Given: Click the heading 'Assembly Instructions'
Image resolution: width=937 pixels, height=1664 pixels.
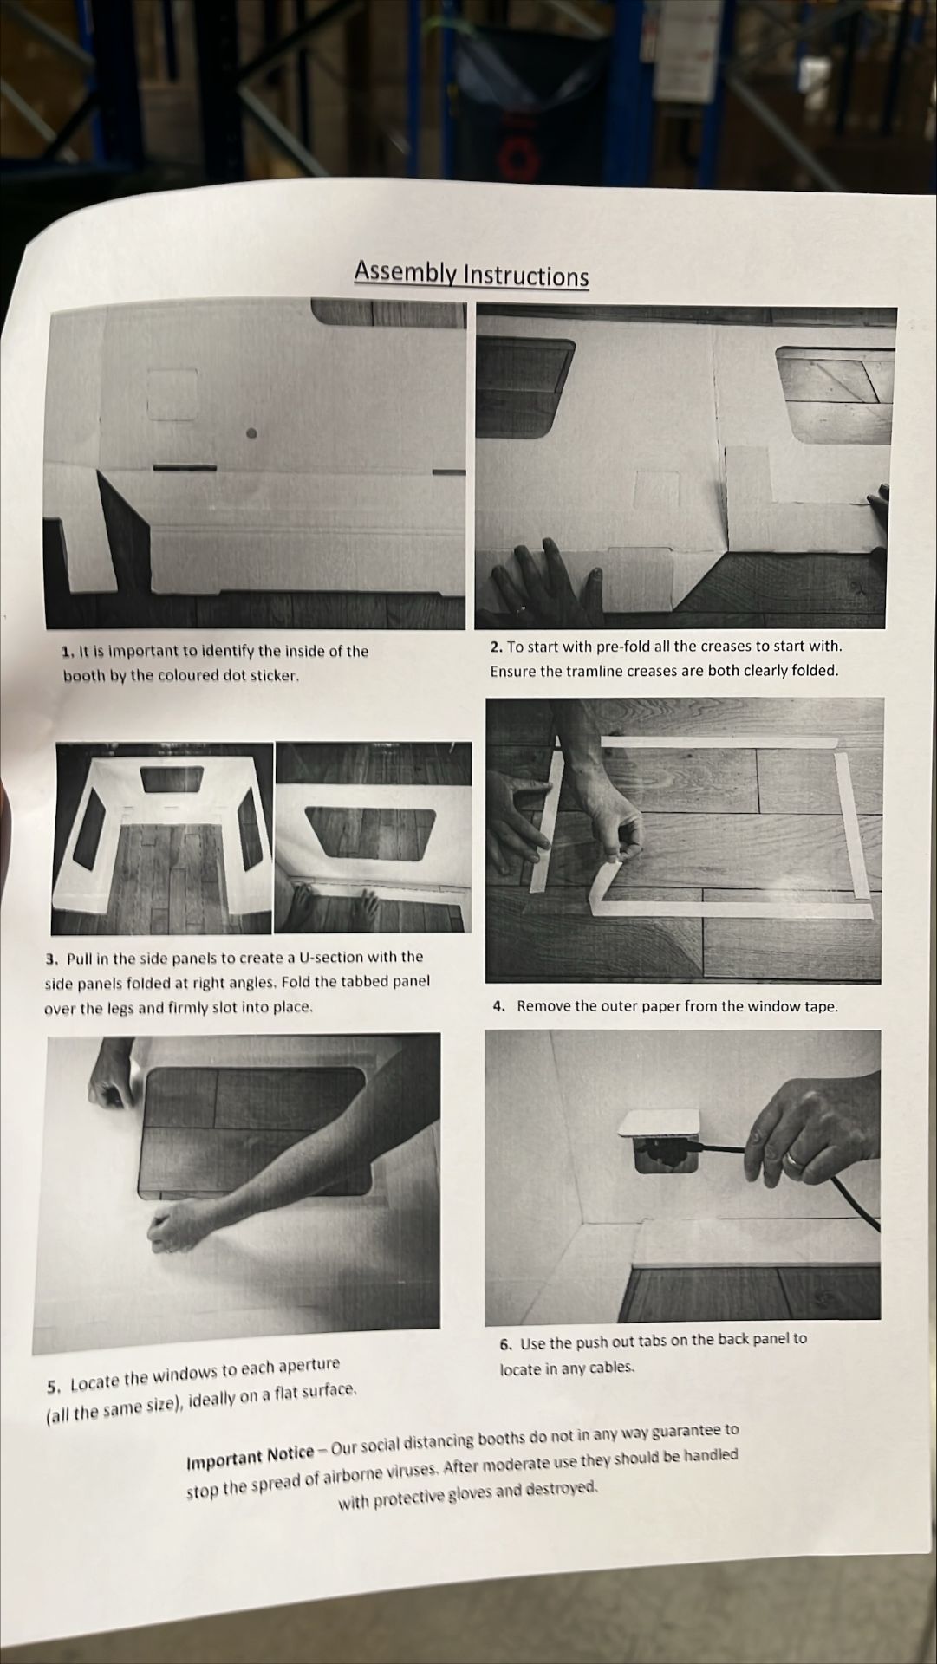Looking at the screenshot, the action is point(472,275).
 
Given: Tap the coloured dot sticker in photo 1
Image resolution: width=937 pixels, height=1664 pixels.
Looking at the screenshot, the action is point(251,433).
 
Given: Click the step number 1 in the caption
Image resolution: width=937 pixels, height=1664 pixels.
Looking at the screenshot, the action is point(67,652).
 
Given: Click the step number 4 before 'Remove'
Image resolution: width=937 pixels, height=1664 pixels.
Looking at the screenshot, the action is point(498,1007).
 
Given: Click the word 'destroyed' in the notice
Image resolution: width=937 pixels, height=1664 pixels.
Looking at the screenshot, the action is point(563,1489).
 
